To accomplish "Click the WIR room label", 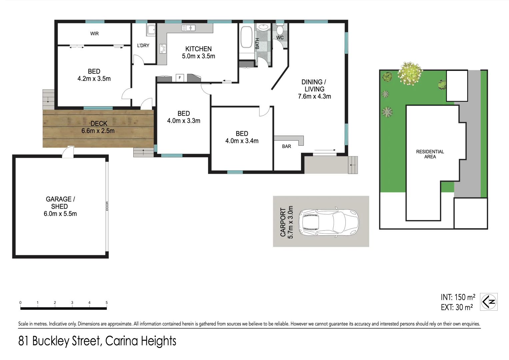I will point(94,34).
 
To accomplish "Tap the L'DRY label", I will point(143,46).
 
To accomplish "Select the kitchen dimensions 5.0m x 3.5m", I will point(198,56).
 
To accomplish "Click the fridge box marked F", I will point(180,78).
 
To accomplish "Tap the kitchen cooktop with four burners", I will point(163,49).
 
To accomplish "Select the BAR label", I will point(286,146).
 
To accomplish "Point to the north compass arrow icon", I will point(489,302).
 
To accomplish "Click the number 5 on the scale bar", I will point(107,303).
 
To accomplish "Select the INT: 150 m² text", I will point(458,297).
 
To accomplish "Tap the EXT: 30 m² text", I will point(457,307).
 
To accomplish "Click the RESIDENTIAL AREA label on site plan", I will point(430,154).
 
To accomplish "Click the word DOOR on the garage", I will point(107,206).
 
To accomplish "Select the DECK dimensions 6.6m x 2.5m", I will point(98,131).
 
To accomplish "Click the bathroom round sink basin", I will point(264,27).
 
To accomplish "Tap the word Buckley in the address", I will point(51,341).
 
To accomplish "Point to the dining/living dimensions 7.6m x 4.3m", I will point(314,96).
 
